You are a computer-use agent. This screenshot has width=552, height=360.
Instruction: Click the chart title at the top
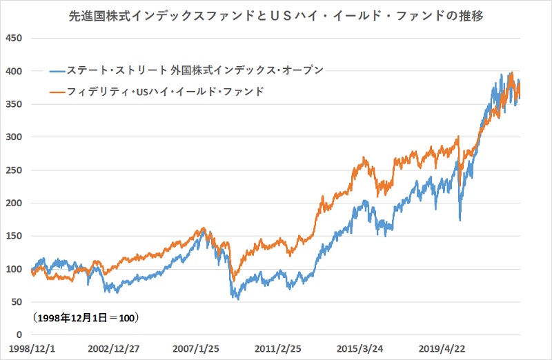tap(276, 14)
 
